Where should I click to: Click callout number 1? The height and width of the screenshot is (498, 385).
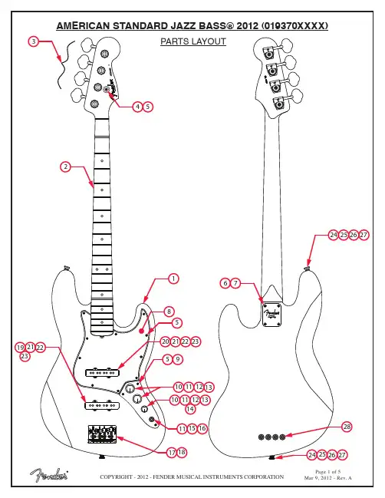point(173,279)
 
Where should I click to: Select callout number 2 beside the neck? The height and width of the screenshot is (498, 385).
point(65,167)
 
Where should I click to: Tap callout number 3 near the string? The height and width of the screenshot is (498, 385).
point(34,41)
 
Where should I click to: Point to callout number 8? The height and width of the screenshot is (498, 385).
point(169,312)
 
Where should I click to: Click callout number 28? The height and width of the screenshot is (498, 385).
point(347,427)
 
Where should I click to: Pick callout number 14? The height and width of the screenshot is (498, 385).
point(190,409)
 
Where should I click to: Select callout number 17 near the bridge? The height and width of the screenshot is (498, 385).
point(172,452)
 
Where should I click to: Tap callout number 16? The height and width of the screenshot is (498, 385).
point(202,428)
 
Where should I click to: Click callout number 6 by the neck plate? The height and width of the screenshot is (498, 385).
point(225,283)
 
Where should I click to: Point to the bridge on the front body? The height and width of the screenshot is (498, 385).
point(102,434)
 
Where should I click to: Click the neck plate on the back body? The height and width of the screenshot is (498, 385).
point(272,315)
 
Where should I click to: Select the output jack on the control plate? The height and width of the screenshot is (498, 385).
point(151,420)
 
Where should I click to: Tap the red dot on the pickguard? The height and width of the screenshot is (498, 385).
point(141,331)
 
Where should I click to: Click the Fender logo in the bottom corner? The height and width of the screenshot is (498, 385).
point(49,475)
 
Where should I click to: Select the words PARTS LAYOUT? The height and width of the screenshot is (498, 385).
point(193,41)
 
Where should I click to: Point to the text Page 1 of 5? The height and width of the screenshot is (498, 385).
point(328,472)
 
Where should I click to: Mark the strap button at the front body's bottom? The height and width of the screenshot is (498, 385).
point(102,457)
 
